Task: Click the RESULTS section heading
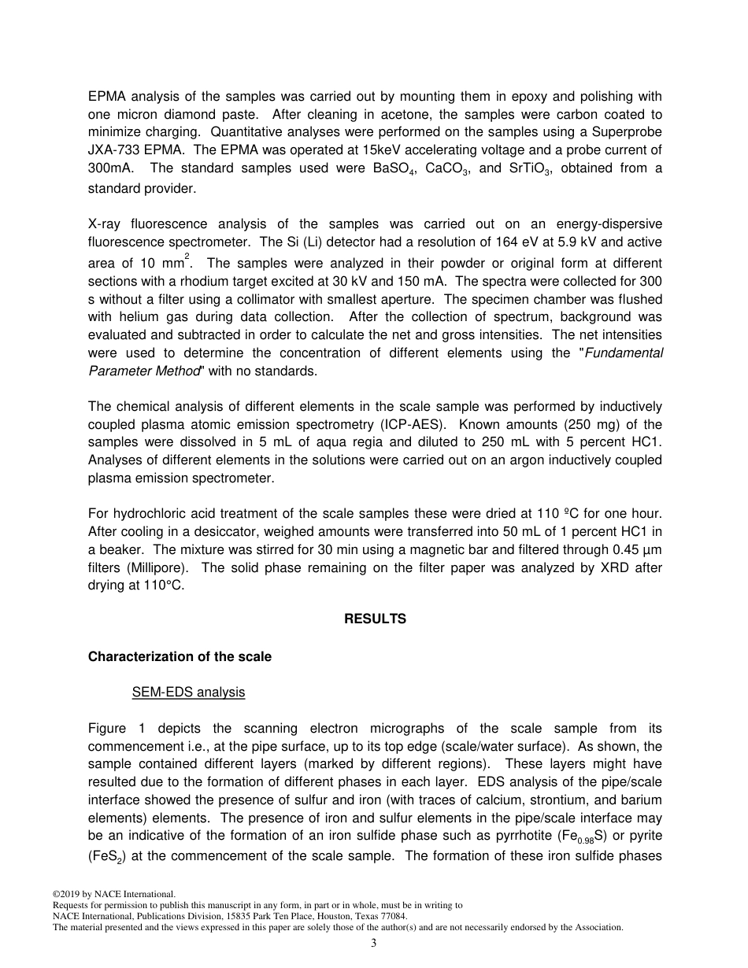coord(375,619)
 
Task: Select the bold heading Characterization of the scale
coord(180,657)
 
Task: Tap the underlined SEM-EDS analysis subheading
coord(188,693)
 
